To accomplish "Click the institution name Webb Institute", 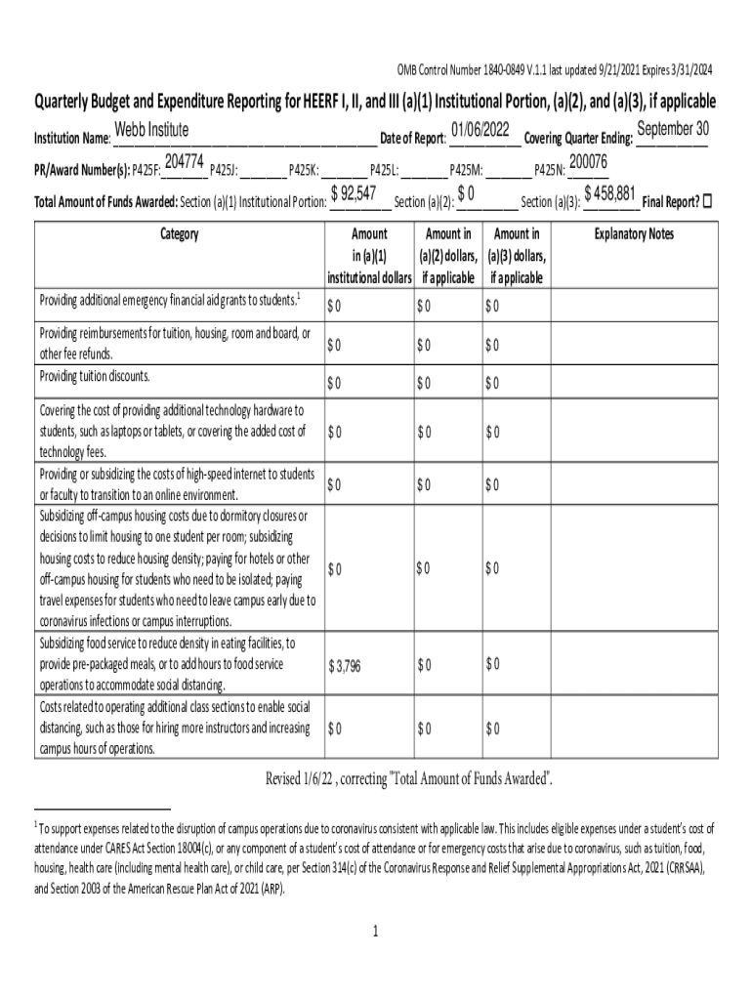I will click(151, 131).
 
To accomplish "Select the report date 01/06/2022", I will click(480, 130).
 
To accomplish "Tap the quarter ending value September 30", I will click(672, 129).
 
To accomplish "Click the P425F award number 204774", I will click(185, 161).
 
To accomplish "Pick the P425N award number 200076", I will click(588, 161).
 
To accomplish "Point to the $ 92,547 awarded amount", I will click(355, 193).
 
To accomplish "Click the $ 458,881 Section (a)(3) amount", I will click(609, 193).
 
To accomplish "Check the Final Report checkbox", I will click(708, 201).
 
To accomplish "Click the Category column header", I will click(177, 234).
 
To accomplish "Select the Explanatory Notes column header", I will click(634, 234).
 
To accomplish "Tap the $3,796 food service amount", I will click(345, 666).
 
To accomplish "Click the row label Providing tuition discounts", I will click(95, 377).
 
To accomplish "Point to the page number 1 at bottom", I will click(374, 931).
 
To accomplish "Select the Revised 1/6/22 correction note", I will click(410, 777).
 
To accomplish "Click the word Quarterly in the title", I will click(68, 102).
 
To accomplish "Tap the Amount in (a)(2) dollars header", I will click(448, 255).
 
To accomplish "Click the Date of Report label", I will click(412, 138).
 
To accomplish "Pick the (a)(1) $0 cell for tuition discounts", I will click(334, 383).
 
